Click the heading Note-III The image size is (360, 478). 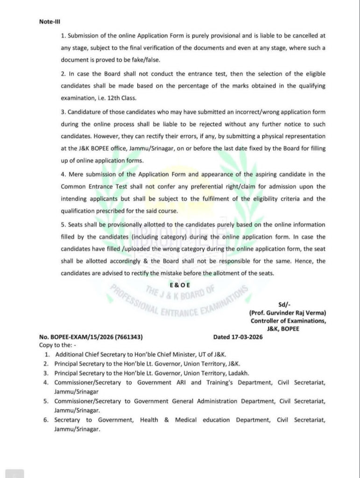pyautogui.click(x=50, y=21)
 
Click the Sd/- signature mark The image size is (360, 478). pyautogui.click(x=284, y=304)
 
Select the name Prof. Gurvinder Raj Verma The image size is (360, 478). pyautogui.click(x=288, y=313)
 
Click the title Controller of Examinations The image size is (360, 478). pyautogui.click(x=288, y=321)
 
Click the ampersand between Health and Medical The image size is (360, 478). pyautogui.click(x=166, y=420)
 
